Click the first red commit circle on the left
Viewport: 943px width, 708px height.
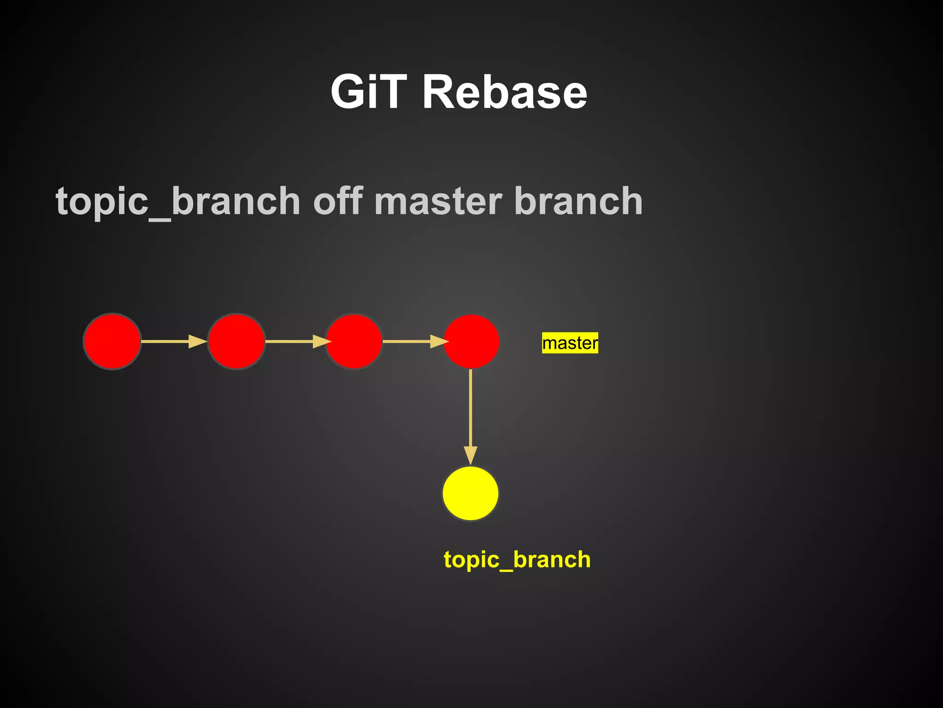click(x=112, y=342)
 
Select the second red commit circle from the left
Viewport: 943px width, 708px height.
click(x=236, y=342)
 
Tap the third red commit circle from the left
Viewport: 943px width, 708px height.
click(x=354, y=342)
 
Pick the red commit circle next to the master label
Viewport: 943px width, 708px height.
click(x=471, y=342)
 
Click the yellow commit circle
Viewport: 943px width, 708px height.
click(x=470, y=493)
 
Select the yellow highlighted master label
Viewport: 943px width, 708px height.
click(x=570, y=343)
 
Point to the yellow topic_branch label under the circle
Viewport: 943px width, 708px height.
click(x=517, y=560)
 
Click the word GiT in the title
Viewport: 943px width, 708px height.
click(x=368, y=92)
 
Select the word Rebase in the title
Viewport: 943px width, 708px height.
click(x=505, y=92)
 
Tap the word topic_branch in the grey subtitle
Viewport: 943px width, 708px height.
click(x=178, y=201)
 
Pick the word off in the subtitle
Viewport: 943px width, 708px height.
click(x=338, y=201)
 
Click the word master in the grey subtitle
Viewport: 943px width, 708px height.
click(x=438, y=201)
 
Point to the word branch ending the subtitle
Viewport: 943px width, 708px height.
click(x=578, y=201)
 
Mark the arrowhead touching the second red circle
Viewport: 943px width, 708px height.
click(x=198, y=342)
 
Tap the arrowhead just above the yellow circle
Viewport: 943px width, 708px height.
click(x=470, y=455)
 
